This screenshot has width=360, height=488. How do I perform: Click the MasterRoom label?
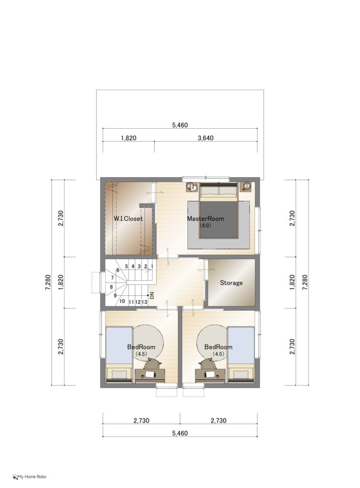coord(205,218)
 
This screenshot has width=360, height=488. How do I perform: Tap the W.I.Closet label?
coord(128,218)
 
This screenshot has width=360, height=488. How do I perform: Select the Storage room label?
coord(231,283)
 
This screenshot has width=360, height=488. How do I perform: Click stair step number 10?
coord(122,301)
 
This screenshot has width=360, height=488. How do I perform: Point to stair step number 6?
coord(118,270)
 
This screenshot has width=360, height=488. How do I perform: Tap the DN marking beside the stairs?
coord(152,295)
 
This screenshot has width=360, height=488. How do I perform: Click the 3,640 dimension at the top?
coord(206,138)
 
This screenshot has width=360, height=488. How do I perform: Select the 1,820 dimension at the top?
coord(129,138)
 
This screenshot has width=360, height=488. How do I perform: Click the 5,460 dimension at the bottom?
coord(180,433)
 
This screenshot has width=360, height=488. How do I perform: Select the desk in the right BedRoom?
coord(210,376)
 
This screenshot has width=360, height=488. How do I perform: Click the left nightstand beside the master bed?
coord(192,187)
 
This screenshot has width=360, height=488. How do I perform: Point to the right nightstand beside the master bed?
coord(246,187)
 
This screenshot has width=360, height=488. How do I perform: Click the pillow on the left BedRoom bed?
coord(119,374)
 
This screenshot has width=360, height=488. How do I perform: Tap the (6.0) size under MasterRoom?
coord(205,225)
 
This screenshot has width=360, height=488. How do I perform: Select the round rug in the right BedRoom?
coord(211,342)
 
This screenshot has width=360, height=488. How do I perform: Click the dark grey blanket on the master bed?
coord(218,220)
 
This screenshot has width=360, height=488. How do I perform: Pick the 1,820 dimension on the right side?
coord(292,283)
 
